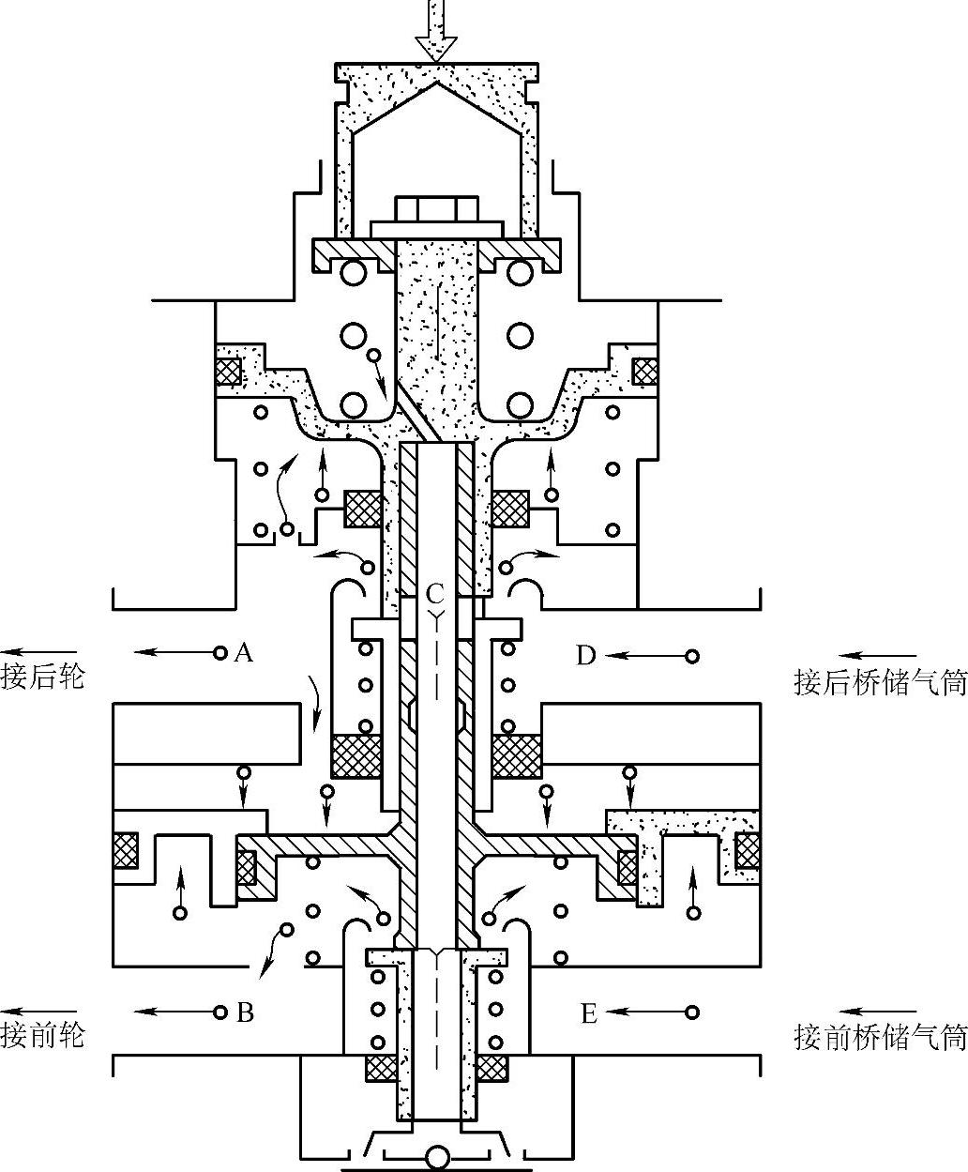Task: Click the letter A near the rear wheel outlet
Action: [244, 652]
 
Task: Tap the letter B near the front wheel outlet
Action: [245, 1012]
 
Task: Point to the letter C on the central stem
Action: [434, 593]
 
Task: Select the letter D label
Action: [586, 655]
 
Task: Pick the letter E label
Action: [589, 1013]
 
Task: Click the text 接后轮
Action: [43, 677]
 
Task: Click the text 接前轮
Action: [43, 1036]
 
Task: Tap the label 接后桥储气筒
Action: [880, 682]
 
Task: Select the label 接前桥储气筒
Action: [880, 1037]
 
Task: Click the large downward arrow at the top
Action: [435, 32]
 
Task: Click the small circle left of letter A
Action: [220, 652]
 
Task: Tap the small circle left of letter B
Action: [220, 1012]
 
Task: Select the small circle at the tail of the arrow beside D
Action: [692, 655]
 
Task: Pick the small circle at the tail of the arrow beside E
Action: [692, 1012]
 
